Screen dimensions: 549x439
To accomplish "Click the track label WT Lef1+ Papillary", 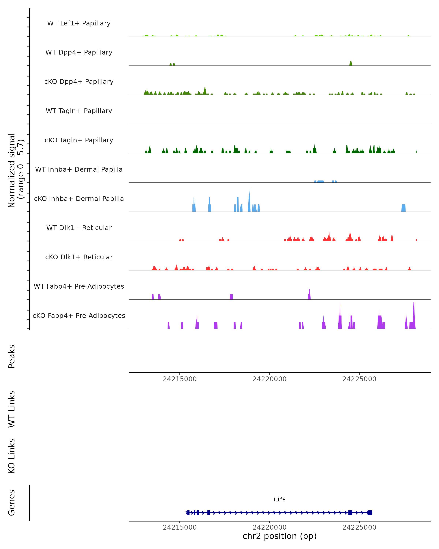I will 79,23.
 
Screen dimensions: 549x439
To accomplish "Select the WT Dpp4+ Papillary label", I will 79,53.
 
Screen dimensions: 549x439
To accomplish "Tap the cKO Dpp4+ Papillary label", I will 79,82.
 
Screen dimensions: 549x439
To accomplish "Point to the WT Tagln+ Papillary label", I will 79,111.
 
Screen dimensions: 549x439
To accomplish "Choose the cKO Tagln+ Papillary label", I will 79,140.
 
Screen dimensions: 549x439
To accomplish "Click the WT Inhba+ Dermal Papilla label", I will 79,170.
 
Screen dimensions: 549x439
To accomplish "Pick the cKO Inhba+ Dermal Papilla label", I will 79,199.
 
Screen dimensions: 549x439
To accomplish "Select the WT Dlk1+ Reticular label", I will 79,228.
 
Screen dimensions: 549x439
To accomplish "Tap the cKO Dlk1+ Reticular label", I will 79,257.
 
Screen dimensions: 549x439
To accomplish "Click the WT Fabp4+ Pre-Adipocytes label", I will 79,286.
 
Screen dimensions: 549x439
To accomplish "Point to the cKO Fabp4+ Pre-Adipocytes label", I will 79,316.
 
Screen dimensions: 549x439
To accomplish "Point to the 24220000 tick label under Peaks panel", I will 269,379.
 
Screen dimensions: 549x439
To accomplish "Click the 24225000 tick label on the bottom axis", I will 359,527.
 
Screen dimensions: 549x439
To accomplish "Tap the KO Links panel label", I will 12,456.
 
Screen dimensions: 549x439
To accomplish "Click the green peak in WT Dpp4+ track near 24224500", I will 351,63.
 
